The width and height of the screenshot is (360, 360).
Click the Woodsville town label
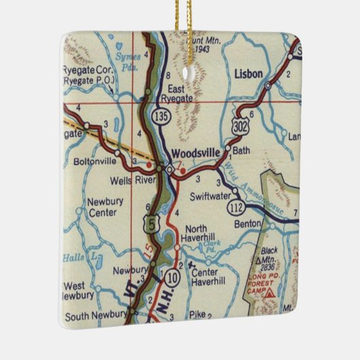click(196, 154)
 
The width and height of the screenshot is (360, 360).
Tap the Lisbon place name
click(248, 73)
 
